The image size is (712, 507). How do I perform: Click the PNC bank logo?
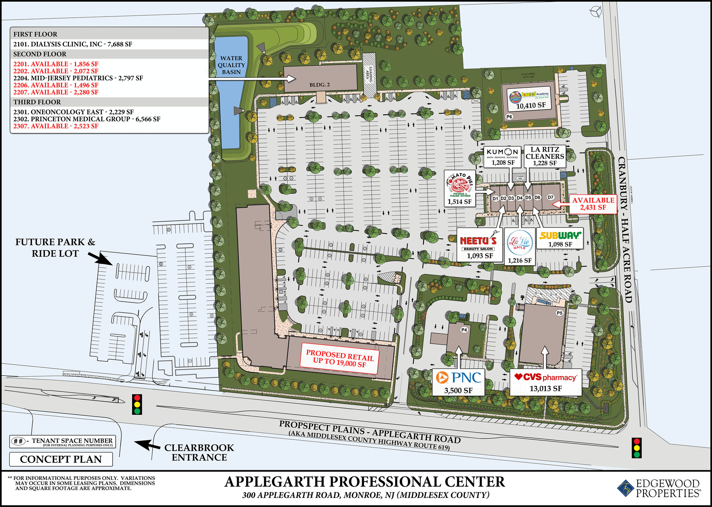pos(459,377)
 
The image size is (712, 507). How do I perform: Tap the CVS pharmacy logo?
pos(545,377)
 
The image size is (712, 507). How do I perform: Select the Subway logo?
pos(560,235)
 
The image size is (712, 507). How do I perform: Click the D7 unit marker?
pos(550,197)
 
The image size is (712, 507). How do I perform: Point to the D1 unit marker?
pos(496,198)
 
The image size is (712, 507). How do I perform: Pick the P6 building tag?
pos(509,116)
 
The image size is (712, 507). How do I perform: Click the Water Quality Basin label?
pos(231,65)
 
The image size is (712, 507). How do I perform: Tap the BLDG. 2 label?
pos(320,84)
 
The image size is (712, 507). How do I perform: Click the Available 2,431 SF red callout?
pos(593,204)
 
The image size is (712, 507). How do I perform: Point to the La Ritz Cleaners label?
pos(545,156)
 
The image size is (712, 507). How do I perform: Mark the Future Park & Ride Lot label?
pos(55,248)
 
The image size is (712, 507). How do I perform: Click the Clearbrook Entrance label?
pos(199,452)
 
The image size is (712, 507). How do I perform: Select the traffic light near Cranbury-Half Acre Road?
pos(637,448)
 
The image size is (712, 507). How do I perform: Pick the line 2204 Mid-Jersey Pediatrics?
pos(78,78)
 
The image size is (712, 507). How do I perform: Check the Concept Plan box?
pos(61,459)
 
